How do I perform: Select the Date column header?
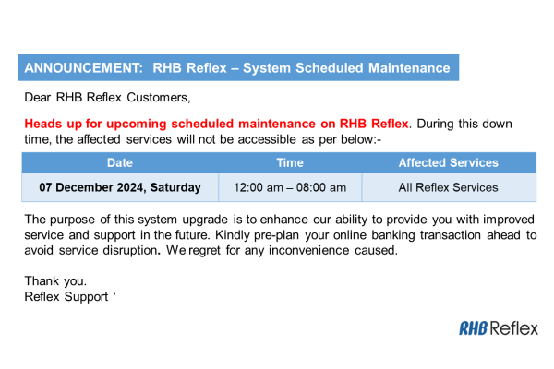pos(120,163)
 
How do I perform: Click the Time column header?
pos(290,163)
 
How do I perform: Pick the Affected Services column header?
pos(448,163)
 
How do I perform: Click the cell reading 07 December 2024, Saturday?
pos(120,187)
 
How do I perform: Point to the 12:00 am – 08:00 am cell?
pos(290,187)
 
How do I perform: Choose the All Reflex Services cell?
pos(448,187)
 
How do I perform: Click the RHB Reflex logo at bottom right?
pos(498,328)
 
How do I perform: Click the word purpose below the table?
pos(78,220)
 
